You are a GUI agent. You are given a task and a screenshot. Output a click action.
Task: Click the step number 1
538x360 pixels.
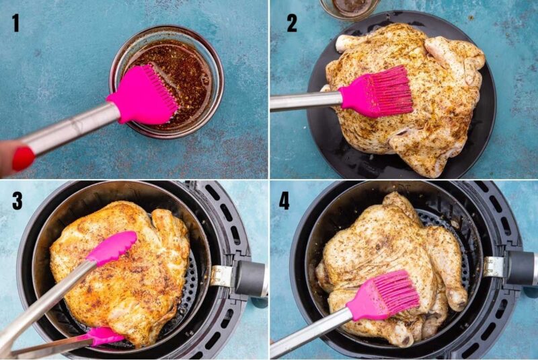(15, 23)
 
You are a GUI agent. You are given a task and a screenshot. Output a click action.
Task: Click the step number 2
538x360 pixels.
(291, 23)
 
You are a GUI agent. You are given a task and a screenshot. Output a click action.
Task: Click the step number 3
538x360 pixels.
(17, 200)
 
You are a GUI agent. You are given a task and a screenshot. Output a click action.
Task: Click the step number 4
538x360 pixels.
(284, 200)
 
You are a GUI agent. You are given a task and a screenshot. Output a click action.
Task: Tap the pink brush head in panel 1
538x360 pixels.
(143, 96)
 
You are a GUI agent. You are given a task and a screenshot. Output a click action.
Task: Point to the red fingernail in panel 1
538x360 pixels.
(23, 158)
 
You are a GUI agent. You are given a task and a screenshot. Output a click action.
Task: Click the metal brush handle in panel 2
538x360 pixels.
(306, 101)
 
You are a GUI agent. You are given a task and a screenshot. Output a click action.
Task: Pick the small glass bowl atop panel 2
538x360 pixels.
(349, 7)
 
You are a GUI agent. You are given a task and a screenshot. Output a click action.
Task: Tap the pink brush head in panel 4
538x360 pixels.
(387, 296)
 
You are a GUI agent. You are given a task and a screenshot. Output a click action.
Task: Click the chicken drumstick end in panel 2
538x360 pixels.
(344, 42)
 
